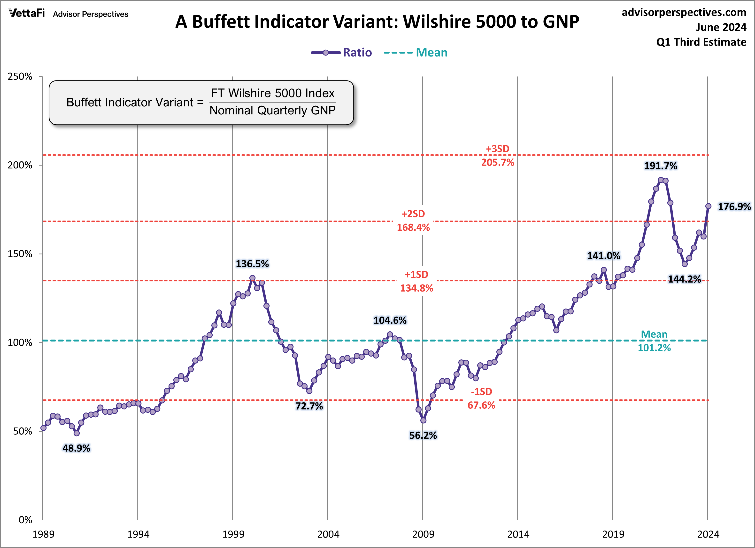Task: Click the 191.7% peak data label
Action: tap(661, 166)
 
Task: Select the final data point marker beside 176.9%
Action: tap(708, 206)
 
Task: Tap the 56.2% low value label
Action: tap(423, 435)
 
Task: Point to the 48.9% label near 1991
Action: tap(76, 448)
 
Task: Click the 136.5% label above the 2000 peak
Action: tap(252, 264)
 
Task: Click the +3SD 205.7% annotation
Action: tap(497, 156)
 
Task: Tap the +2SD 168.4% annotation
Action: tap(413, 221)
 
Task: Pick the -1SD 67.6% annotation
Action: tap(481, 398)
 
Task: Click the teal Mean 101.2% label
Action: tap(654, 341)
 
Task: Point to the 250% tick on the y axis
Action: tap(20, 77)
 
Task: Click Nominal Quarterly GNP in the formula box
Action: tap(272, 110)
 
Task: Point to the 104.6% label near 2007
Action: tap(390, 320)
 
